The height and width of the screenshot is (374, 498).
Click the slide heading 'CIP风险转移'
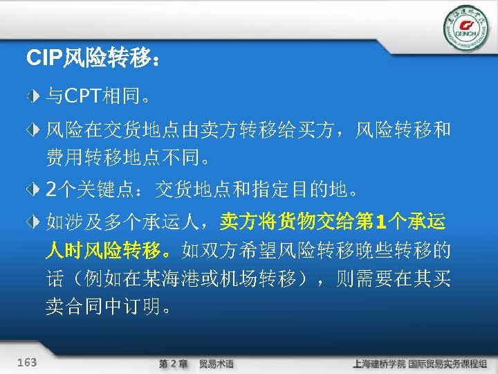click(x=94, y=58)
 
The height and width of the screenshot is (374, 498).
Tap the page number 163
click(x=27, y=362)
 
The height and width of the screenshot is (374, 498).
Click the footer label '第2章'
click(x=173, y=364)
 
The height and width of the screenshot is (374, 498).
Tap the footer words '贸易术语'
click(x=216, y=364)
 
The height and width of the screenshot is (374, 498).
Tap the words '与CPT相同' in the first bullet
click(x=93, y=94)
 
